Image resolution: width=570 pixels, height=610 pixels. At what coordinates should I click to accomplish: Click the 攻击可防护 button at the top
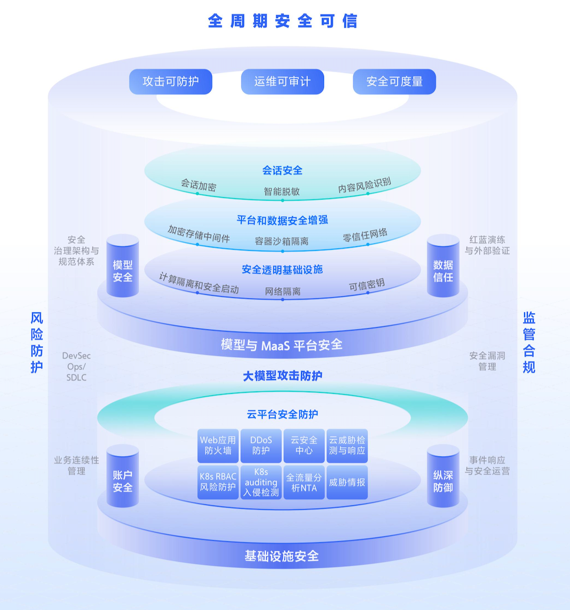pos(171,82)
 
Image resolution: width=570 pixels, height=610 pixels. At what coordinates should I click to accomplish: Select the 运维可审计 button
pos(282,82)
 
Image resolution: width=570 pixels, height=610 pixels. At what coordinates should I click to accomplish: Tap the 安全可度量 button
pos(394,82)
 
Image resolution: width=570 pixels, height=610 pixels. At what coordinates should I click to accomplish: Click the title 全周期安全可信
pos(282,21)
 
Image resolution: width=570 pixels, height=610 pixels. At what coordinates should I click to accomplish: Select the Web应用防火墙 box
pos(218,445)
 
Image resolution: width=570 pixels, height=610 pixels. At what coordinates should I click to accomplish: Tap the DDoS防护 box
pos(261,445)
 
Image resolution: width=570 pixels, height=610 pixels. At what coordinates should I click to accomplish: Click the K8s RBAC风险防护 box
pos(218,482)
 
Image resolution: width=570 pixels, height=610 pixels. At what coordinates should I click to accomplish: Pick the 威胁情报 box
pos(347,482)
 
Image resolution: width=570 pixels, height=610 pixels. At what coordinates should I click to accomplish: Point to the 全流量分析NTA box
pos(304,482)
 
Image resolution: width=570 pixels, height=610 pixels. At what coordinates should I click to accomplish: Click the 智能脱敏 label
pos(282,191)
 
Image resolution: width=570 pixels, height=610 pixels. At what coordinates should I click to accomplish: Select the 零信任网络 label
pos(366,235)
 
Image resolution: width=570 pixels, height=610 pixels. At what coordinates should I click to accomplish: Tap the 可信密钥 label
pos(367,285)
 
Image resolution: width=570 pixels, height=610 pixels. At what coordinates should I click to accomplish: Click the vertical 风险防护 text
pos(37,343)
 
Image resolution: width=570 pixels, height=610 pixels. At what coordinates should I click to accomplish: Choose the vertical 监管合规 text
pos(529,343)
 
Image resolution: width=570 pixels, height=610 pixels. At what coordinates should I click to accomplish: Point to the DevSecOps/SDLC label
pos(76,366)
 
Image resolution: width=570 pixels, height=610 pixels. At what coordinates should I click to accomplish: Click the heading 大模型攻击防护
pos(282,376)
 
